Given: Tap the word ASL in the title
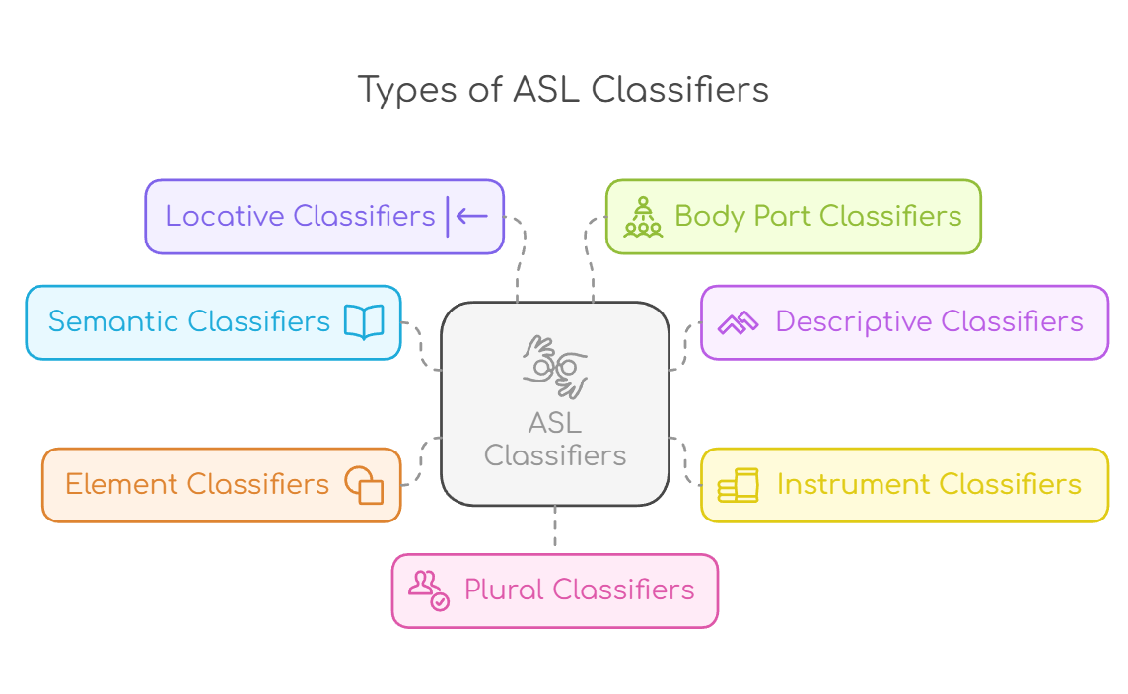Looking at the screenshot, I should coord(544,90).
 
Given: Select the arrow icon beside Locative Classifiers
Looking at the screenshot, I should coord(467,216).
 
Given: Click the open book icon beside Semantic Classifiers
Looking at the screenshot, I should coord(364,321).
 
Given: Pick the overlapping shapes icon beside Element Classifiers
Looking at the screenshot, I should coord(364,484).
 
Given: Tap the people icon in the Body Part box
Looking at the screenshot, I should coord(643,217).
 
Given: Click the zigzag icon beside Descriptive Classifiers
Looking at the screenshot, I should coord(738,322).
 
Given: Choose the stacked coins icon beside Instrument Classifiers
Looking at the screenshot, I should coord(738,485).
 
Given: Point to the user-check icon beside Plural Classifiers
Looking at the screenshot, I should coord(429,590).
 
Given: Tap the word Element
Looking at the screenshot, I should coord(121,484).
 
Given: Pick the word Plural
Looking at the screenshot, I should coord(504,590).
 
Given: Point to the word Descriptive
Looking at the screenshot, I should coord(854,321).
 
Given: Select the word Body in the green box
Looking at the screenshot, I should coord(710,216).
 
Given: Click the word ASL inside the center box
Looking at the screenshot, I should coord(555,423).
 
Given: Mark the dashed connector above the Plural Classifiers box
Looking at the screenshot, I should coord(555,528).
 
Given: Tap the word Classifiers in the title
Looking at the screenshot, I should coord(679,90).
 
